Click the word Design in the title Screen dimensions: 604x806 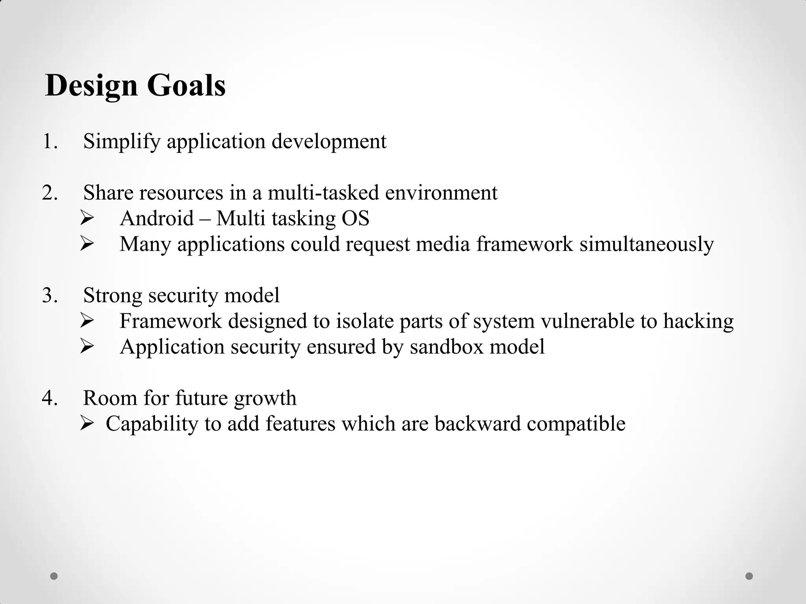point(91,86)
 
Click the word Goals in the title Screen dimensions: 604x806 point(186,85)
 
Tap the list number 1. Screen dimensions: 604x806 point(50,142)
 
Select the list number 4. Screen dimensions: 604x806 point(50,398)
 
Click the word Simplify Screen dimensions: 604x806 point(122,142)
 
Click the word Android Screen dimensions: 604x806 point(157,218)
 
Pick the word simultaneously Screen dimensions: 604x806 point(646,244)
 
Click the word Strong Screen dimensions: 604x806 point(113,296)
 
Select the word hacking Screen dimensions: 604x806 point(698,321)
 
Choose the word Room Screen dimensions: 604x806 point(110,398)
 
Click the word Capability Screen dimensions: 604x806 point(152,424)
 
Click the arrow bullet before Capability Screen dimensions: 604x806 point(86,424)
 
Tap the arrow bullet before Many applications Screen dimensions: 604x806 point(86,244)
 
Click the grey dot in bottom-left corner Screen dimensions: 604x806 point(54,576)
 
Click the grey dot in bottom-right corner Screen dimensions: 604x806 point(749,576)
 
